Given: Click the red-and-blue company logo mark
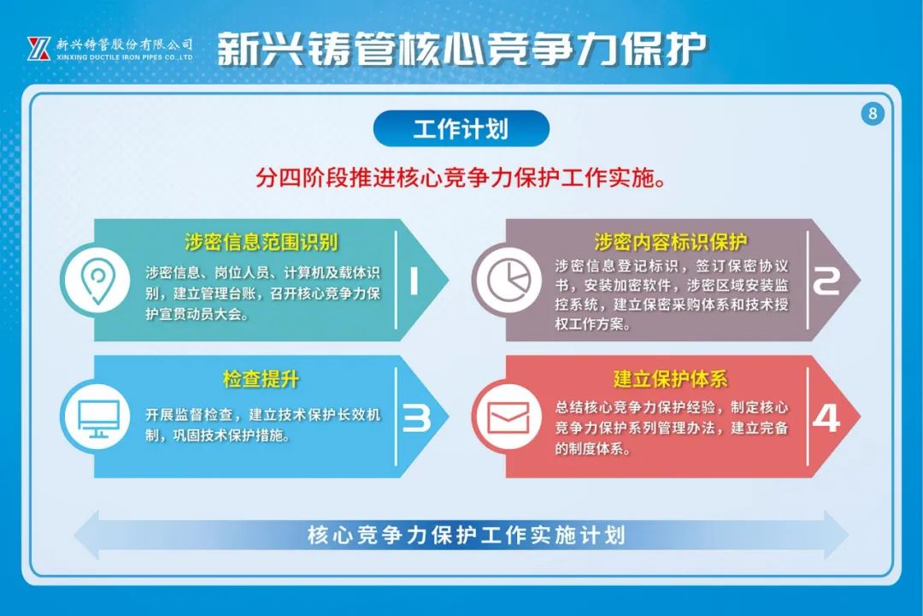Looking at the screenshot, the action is [38, 48].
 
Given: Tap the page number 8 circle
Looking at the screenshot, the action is [873, 113].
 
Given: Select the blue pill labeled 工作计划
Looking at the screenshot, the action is [461, 128].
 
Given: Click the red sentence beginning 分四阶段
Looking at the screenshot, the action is [461, 177].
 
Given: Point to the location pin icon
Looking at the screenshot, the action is [97, 280].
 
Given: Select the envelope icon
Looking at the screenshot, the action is [509, 418].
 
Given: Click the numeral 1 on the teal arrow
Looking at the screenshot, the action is [414, 281].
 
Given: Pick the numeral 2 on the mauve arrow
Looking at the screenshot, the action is [826, 281].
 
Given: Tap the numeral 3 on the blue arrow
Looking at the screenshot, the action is [416, 418].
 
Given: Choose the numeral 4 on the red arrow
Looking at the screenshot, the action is [826, 418].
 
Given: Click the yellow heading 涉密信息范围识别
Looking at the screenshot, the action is [261, 241].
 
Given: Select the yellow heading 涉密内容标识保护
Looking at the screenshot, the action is [671, 241].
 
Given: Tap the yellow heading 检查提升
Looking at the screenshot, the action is [261, 378].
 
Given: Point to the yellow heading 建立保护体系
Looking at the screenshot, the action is [671, 378].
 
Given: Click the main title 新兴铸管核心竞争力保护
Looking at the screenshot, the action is [461, 48].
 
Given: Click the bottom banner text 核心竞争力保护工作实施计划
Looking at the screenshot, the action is [466, 535].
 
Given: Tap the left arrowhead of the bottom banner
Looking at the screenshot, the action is [86, 535].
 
